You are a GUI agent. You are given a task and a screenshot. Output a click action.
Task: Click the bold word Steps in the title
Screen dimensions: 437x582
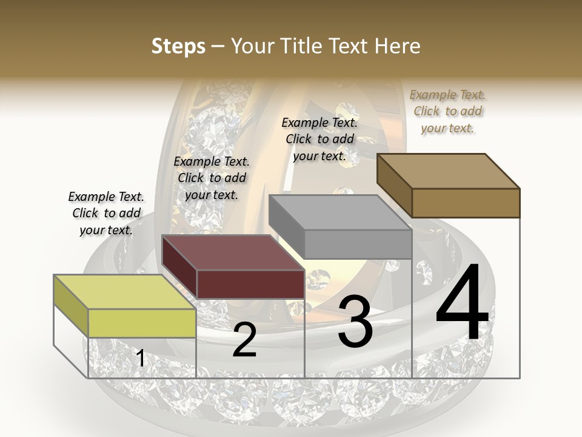click(178, 46)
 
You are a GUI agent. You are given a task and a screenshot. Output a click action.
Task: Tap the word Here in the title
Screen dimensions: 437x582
click(397, 46)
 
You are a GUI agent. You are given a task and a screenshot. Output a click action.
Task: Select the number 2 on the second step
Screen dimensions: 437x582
click(244, 340)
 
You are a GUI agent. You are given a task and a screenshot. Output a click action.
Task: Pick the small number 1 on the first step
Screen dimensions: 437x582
click(141, 359)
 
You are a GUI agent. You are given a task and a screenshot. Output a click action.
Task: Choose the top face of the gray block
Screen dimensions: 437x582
click(339, 212)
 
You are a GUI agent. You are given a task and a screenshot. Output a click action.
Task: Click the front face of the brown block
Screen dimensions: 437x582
click(466, 203)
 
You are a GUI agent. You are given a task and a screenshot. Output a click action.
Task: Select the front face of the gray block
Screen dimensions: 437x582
click(358, 244)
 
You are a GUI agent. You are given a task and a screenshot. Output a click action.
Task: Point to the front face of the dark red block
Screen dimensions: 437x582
click(250, 284)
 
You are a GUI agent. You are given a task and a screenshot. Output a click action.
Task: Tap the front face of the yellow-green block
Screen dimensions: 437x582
click(142, 323)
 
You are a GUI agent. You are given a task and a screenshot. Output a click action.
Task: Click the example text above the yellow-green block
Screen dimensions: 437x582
click(106, 213)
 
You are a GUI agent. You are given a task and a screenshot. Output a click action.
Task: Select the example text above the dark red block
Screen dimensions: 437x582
click(212, 178)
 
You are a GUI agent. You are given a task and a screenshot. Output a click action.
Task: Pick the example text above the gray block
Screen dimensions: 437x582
click(319, 139)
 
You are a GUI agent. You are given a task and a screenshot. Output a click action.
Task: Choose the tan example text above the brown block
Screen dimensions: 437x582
click(447, 111)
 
